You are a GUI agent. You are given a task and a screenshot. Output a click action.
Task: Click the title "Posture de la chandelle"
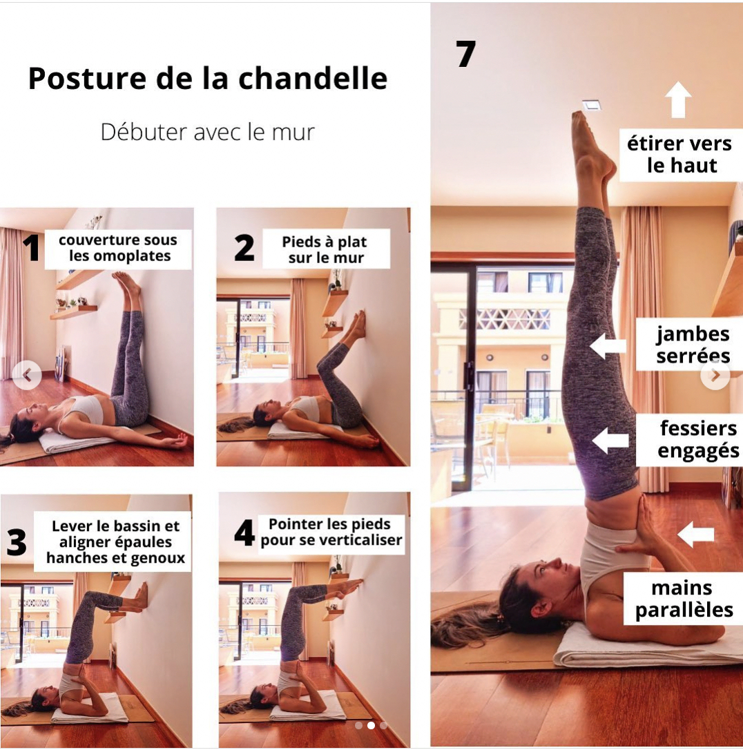pyautogui.click(x=207, y=79)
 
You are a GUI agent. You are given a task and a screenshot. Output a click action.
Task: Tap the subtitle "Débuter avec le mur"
pyautogui.click(x=207, y=131)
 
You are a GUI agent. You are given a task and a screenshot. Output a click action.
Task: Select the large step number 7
pyautogui.click(x=466, y=54)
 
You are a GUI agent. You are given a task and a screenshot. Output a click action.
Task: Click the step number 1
pyautogui.click(x=31, y=249)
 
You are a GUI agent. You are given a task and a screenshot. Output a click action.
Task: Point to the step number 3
pyautogui.click(x=17, y=543)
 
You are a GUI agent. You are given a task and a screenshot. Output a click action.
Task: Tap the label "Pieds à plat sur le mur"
pyautogui.click(x=324, y=250)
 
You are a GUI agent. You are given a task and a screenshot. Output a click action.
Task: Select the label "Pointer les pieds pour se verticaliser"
pyautogui.click(x=331, y=532)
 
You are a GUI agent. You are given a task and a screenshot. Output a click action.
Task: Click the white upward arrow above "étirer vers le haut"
pyautogui.click(x=678, y=100)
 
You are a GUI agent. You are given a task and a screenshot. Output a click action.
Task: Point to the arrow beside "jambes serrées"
pyautogui.click(x=608, y=345)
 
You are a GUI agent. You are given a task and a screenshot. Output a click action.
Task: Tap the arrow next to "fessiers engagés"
pyautogui.click(x=610, y=440)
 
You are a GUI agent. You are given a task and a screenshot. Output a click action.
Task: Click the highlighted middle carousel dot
pyautogui.click(x=371, y=726)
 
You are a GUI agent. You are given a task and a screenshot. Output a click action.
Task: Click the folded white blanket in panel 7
pyautogui.click(x=642, y=646)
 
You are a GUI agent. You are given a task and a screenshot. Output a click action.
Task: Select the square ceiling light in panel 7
pyautogui.click(x=591, y=105)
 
